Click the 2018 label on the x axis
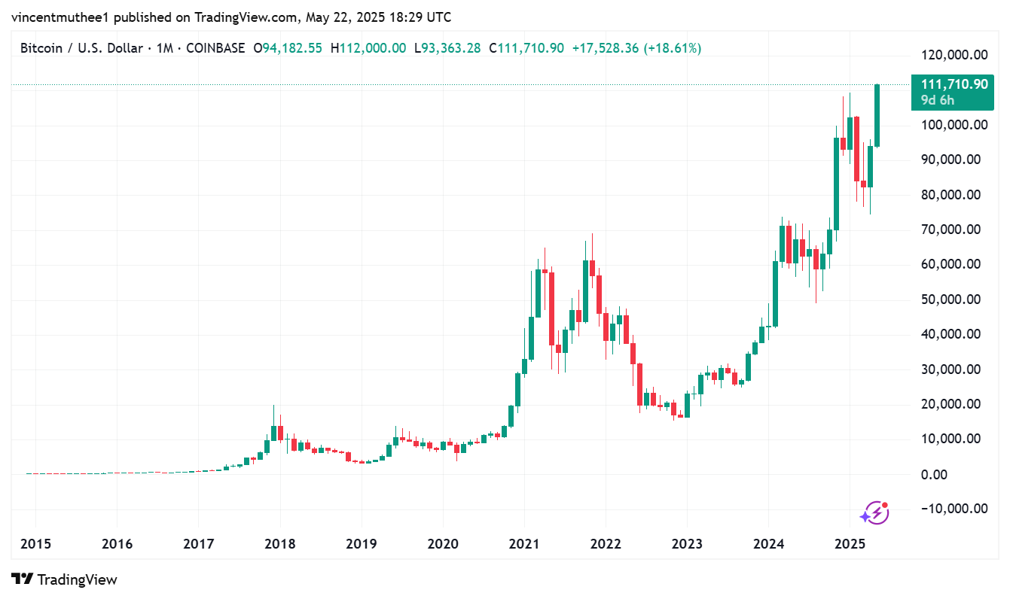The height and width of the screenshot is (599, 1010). [x=279, y=544]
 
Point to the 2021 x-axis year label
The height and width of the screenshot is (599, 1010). [x=523, y=544]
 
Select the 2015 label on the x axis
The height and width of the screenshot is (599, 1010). [x=35, y=544]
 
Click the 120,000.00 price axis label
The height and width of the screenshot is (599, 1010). [x=954, y=55]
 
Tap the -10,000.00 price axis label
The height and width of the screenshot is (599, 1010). [x=954, y=509]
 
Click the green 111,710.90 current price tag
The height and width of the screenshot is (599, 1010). [x=953, y=84]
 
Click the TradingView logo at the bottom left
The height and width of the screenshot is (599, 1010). [x=66, y=579]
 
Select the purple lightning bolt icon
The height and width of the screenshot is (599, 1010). [x=874, y=513]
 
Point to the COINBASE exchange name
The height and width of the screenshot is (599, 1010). [x=215, y=48]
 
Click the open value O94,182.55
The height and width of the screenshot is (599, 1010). [x=288, y=48]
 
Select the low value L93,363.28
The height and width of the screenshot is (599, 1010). [x=447, y=48]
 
